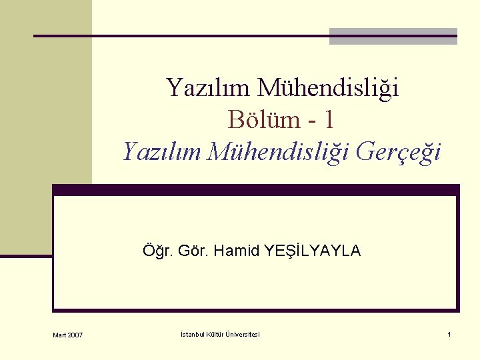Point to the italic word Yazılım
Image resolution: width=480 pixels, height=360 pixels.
coord(162,152)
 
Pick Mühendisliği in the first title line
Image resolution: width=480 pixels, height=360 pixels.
coord(328,87)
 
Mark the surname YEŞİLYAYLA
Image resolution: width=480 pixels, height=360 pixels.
coord(313,251)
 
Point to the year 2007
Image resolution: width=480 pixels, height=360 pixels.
coord(75,335)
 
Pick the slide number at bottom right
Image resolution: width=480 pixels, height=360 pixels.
coord(449,334)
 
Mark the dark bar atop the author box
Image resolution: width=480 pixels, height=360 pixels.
coord(256,189)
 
